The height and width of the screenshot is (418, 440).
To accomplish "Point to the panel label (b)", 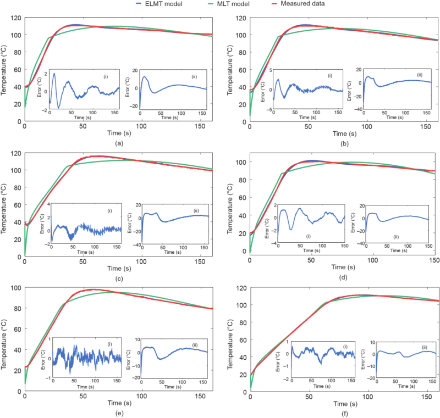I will [344, 142].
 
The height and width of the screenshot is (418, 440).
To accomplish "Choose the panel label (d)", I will [344, 278].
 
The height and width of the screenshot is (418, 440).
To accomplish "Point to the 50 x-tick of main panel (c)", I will [83, 261].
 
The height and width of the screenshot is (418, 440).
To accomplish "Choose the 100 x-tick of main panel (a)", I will [142, 126].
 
